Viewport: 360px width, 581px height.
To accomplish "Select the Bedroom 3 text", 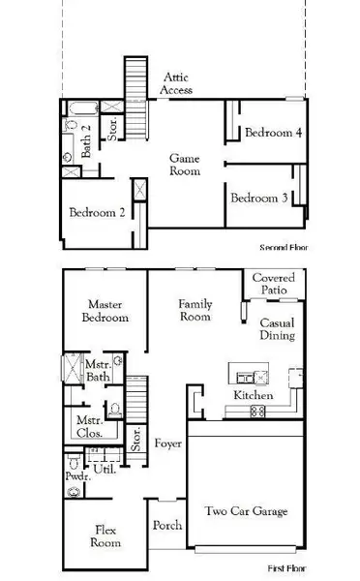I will (257, 198).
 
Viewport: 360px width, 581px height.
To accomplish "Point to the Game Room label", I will (185, 164).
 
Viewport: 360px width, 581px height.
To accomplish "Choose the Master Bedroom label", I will (105, 311).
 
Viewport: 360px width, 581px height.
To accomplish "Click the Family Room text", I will (195, 311).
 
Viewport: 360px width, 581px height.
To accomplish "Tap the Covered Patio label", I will (273, 284).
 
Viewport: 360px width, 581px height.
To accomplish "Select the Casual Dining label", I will (277, 329).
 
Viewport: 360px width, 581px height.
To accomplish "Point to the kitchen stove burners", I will (258, 412).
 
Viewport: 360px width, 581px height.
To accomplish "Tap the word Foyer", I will (167, 443).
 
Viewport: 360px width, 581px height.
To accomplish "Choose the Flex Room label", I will (106, 536).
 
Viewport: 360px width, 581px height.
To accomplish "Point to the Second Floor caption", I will (283, 247).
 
